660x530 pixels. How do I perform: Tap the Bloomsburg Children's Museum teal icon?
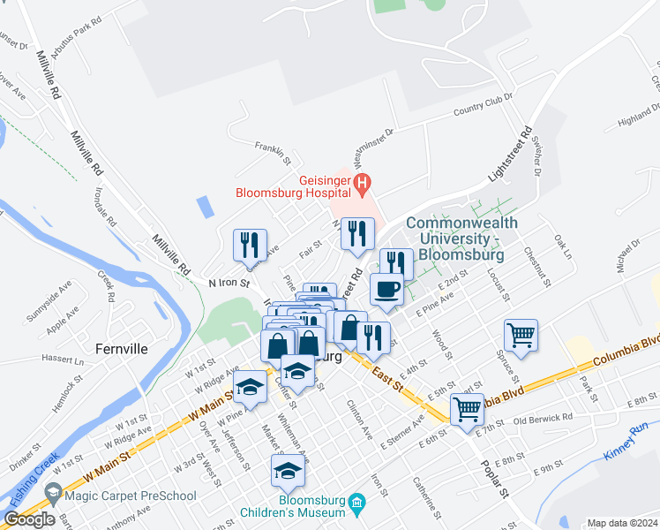[356, 505]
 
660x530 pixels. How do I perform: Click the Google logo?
[29, 519]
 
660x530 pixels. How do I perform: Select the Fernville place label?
[123, 348]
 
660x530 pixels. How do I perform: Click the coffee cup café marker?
[386, 290]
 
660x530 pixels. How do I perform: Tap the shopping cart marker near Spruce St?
[521, 336]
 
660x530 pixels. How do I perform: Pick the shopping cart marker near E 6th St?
[466, 409]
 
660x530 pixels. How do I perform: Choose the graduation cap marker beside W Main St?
[251, 389]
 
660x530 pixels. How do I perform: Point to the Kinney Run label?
[626, 443]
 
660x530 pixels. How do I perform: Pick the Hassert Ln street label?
[62, 360]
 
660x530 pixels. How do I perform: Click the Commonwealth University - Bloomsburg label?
[454, 239]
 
